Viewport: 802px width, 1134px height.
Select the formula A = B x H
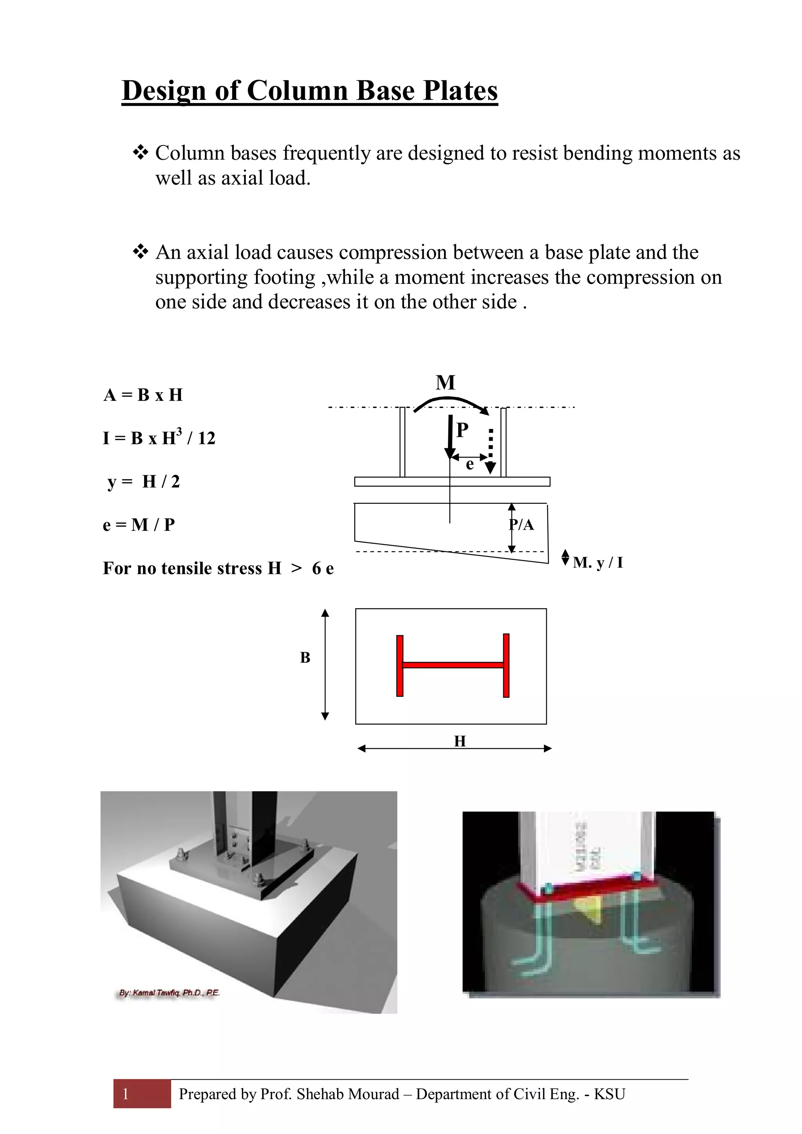click(x=143, y=395)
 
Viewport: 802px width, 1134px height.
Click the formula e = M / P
click(x=139, y=525)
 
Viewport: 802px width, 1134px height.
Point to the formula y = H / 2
click(x=144, y=481)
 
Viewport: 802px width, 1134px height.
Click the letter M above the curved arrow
click(x=445, y=383)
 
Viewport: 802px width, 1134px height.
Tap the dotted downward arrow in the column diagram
click(x=490, y=451)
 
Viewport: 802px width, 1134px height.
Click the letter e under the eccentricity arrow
click(x=470, y=464)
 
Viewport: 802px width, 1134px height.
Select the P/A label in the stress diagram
click(x=522, y=525)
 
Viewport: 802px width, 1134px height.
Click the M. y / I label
click(x=598, y=562)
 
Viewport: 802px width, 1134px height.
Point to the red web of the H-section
click(x=453, y=665)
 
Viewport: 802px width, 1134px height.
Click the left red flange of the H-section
click(x=400, y=666)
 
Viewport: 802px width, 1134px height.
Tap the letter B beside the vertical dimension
click(x=305, y=658)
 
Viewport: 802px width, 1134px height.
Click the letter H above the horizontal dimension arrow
click(x=460, y=741)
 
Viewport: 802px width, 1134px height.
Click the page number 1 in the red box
click(x=126, y=1094)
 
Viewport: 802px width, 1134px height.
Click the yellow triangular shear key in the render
click(x=589, y=909)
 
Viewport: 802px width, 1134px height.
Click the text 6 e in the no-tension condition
click(x=323, y=568)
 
